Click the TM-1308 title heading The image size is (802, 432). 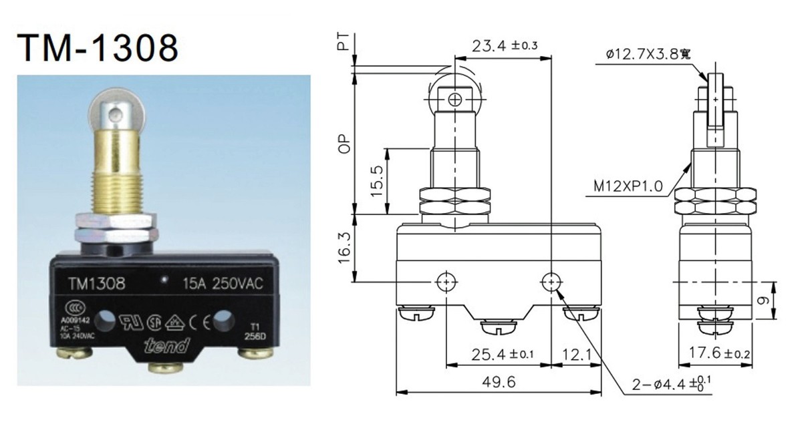99,46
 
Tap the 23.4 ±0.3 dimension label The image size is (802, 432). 505,46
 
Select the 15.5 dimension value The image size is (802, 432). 376,182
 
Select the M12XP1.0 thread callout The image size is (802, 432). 629,187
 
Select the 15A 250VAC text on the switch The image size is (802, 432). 223,283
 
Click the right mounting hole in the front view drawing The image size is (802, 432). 550,282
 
